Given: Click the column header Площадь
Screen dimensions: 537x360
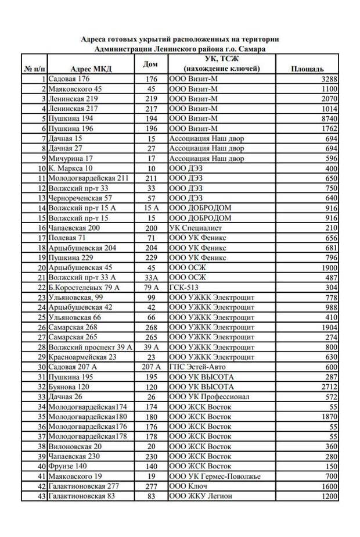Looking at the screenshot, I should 307,69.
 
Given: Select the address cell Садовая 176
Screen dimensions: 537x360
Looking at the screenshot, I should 70,79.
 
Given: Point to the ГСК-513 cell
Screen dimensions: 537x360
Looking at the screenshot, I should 182,287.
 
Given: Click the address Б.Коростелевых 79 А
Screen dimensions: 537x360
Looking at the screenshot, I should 84,287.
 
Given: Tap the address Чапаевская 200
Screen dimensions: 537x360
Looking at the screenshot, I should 75,228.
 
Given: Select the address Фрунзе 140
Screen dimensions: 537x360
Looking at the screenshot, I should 68,466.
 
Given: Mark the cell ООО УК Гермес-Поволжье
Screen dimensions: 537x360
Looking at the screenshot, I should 214,476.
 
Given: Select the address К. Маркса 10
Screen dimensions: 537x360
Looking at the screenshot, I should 71,168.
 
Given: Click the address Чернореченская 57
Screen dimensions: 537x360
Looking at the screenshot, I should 80,198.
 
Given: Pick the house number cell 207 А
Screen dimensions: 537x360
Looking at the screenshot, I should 151,367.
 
